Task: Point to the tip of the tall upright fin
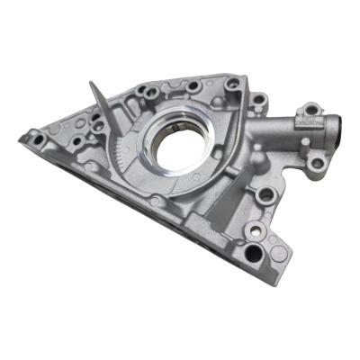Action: (x=93, y=84)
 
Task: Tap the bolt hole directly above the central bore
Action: (x=192, y=87)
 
